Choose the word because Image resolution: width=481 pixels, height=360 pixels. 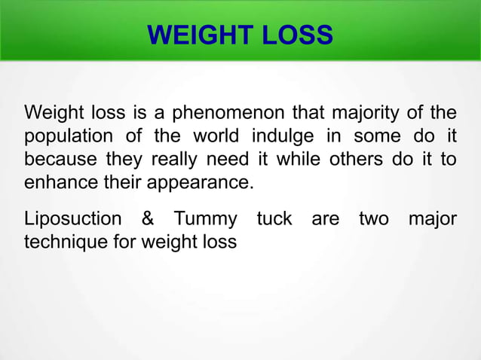pyautogui.click(x=59, y=160)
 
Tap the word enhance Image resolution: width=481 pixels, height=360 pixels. pyautogui.click(x=59, y=183)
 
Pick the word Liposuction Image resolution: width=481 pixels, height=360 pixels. pyautogui.click(x=72, y=219)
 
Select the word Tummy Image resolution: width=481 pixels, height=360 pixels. pyautogui.click(x=205, y=219)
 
